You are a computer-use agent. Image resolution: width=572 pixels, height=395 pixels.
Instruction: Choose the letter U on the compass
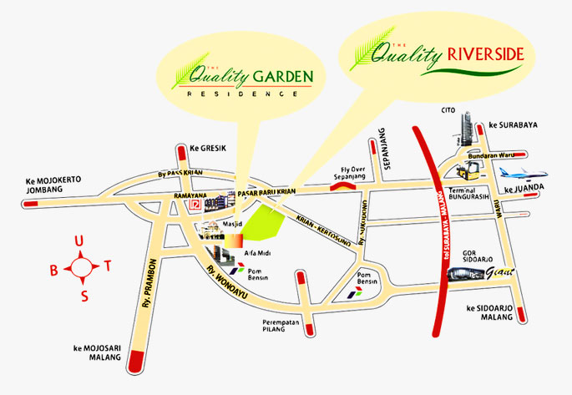(x=79, y=241)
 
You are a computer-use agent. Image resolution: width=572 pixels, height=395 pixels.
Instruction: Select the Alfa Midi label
(x=256, y=251)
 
